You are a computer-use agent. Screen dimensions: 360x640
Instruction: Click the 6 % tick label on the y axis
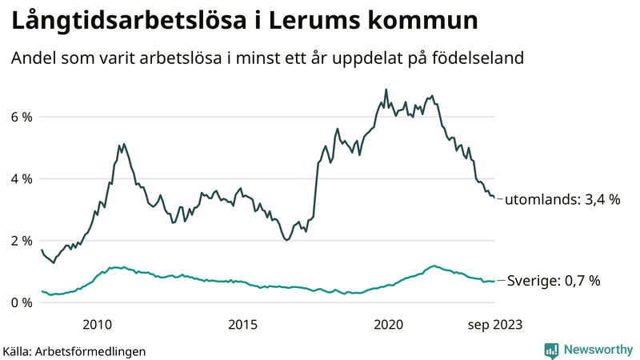(21, 117)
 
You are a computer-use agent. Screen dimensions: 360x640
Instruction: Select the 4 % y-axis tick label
(21, 178)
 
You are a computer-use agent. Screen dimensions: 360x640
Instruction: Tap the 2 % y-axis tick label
(21, 241)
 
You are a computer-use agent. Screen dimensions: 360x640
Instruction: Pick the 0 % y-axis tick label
(21, 302)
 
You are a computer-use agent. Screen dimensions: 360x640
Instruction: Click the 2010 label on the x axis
(97, 324)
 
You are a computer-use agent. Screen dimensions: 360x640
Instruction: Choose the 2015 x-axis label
(242, 324)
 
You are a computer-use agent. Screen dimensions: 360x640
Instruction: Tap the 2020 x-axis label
(389, 324)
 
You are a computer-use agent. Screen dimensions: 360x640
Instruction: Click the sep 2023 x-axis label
(494, 324)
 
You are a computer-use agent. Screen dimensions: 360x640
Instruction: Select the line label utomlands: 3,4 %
(563, 199)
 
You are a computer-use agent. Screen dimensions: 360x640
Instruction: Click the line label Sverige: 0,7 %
(552, 281)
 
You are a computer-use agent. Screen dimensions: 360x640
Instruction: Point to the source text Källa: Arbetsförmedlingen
(74, 350)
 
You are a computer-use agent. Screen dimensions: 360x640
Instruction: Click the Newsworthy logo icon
(551, 350)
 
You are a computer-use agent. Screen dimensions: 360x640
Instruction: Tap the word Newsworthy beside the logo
(598, 350)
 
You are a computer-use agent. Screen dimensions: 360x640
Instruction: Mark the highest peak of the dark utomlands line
(386, 90)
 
